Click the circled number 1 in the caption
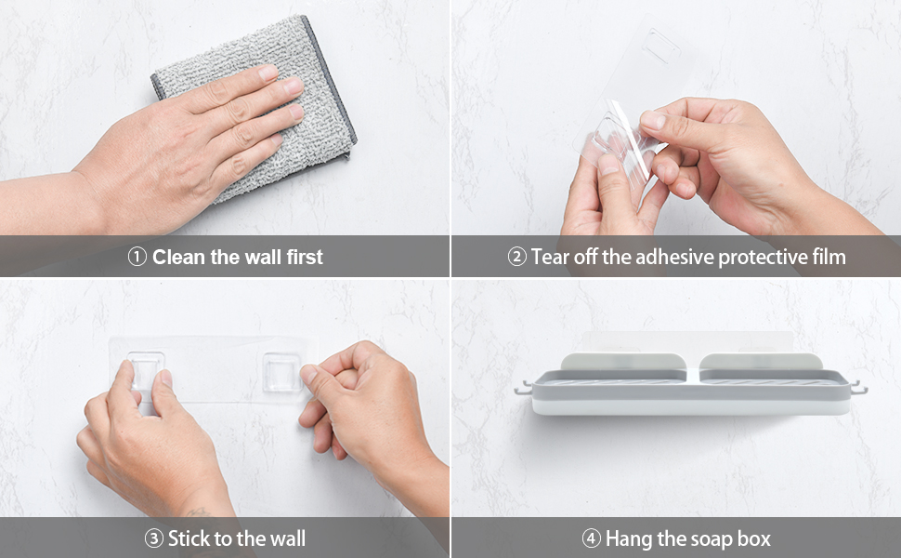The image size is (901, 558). click(x=137, y=258)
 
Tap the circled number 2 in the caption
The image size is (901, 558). click(x=516, y=258)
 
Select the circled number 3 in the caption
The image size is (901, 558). click(x=154, y=538)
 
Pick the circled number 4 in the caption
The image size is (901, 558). click(x=591, y=538)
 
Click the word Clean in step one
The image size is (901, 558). click(x=179, y=258)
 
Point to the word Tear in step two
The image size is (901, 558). click(x=550, y=258)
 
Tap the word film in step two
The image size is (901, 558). click(x=827, y=258)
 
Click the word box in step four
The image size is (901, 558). click(x=751, y=538)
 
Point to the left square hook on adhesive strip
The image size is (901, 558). click(x=146, y=370)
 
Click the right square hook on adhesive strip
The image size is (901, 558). click(x=281, y=372)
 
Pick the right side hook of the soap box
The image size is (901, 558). click(x=857, y=387)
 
